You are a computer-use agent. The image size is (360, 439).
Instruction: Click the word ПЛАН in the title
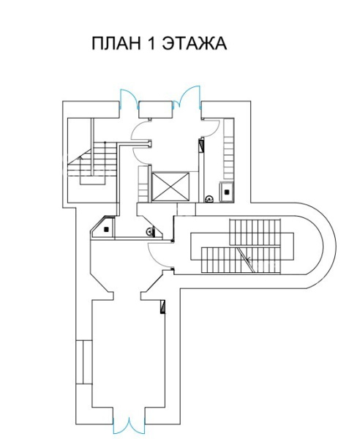coord(116,43)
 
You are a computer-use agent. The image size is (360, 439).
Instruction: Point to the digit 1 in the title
coord(151,43)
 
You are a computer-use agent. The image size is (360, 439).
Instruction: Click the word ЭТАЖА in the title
coord(195,43)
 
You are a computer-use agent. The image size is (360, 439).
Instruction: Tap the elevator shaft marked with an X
coord(170,187)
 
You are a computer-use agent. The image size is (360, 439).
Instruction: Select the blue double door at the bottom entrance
coord(129,427)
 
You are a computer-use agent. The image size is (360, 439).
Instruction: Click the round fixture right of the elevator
coord(209,199)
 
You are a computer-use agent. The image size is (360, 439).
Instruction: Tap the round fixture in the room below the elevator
coord(150,231)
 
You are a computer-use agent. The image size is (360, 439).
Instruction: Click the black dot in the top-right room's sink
coord(227,192)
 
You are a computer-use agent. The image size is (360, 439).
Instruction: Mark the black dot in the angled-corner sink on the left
coord(106,229)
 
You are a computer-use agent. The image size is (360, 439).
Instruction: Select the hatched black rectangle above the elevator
coord(201,146)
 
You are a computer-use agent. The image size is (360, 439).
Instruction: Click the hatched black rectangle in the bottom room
coord(162,307)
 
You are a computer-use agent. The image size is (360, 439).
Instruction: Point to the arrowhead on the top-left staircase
coord(80,157)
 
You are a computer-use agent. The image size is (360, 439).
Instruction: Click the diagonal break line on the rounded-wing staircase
coord(245,260)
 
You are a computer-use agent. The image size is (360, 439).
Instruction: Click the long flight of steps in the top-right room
coord(228,149)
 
